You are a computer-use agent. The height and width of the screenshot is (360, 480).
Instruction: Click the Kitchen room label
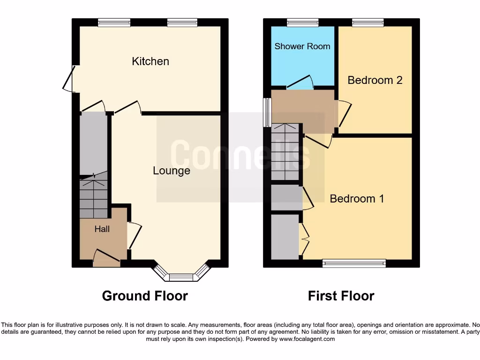150,61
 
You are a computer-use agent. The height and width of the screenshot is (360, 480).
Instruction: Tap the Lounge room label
172,171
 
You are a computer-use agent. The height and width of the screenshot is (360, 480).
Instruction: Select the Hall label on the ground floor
102,229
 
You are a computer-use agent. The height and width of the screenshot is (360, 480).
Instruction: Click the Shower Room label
302,46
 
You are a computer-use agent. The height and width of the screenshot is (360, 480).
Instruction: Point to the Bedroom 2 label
375,80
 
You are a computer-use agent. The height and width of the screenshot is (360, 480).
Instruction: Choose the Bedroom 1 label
357,199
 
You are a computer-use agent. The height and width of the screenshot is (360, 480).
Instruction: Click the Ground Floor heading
145,296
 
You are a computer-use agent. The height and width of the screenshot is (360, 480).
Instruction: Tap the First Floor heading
341,296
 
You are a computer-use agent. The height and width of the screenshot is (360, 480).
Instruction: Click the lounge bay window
181,276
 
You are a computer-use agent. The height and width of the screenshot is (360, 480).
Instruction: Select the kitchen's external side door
68,79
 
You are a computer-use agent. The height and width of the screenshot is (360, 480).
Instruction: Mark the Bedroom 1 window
354,263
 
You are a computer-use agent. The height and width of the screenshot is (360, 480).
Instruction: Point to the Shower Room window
302,22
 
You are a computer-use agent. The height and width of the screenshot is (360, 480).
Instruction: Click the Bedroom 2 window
368,22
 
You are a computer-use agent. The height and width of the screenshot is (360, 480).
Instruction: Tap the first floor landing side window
267,112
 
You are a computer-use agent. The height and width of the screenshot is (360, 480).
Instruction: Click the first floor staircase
285,152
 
